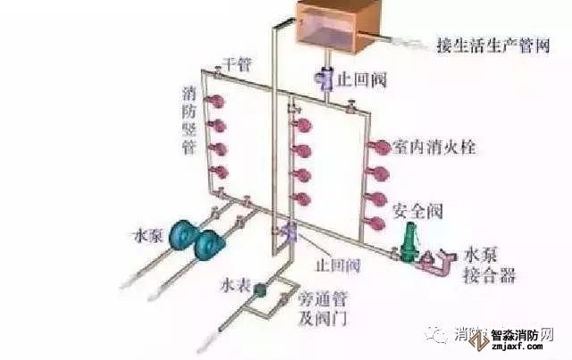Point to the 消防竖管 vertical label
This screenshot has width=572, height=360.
click(x=189, y=120)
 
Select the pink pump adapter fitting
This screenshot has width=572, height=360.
click(x=435, y=261)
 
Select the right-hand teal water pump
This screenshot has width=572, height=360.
click(x=212, y=242)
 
